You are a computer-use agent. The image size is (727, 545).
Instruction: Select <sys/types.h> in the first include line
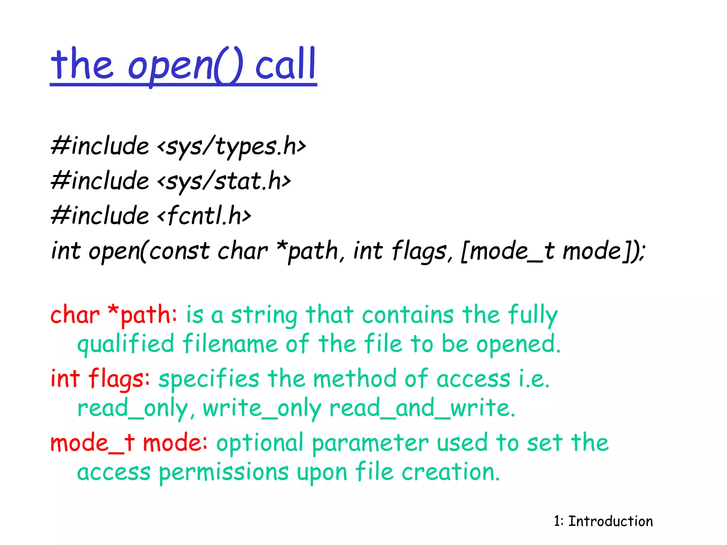pos(231,146)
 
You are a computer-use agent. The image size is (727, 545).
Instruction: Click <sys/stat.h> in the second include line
pos(224,181)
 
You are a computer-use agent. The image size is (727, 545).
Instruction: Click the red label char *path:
pos(113,315)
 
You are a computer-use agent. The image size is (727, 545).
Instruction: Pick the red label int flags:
pos(100,378)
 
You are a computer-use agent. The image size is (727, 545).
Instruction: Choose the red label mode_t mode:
pos(129,443)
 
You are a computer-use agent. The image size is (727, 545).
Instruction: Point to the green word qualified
pos(126,344)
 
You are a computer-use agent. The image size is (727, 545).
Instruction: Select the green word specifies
pos(209,379)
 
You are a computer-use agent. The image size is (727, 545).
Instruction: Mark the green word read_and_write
pos(422,408)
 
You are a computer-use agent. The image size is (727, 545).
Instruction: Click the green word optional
pos(259,443)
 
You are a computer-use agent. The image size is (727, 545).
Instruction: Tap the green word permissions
pos(223,473)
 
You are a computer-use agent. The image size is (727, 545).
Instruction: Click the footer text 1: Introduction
pos(603,521)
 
